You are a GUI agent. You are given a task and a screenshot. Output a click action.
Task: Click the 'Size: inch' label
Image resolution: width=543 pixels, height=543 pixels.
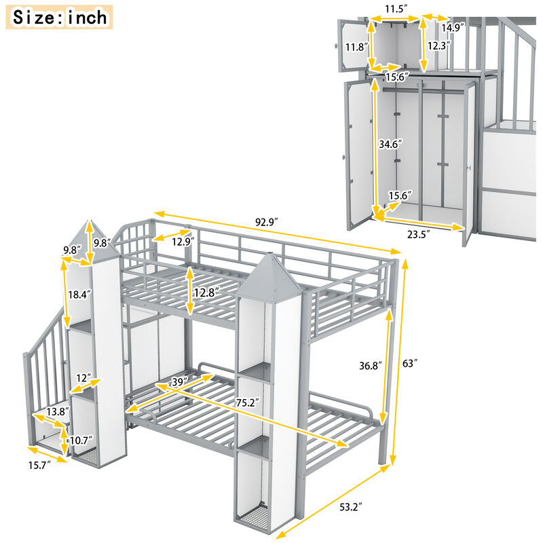(x=60, y=17)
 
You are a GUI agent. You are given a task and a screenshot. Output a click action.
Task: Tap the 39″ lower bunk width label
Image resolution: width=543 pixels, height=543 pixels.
(x=179, y=383)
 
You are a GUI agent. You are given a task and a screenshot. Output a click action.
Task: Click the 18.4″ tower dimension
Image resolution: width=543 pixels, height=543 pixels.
(x=76, y=295)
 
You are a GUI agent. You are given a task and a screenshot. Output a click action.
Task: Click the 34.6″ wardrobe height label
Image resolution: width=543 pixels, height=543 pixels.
(x=391, y=145)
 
